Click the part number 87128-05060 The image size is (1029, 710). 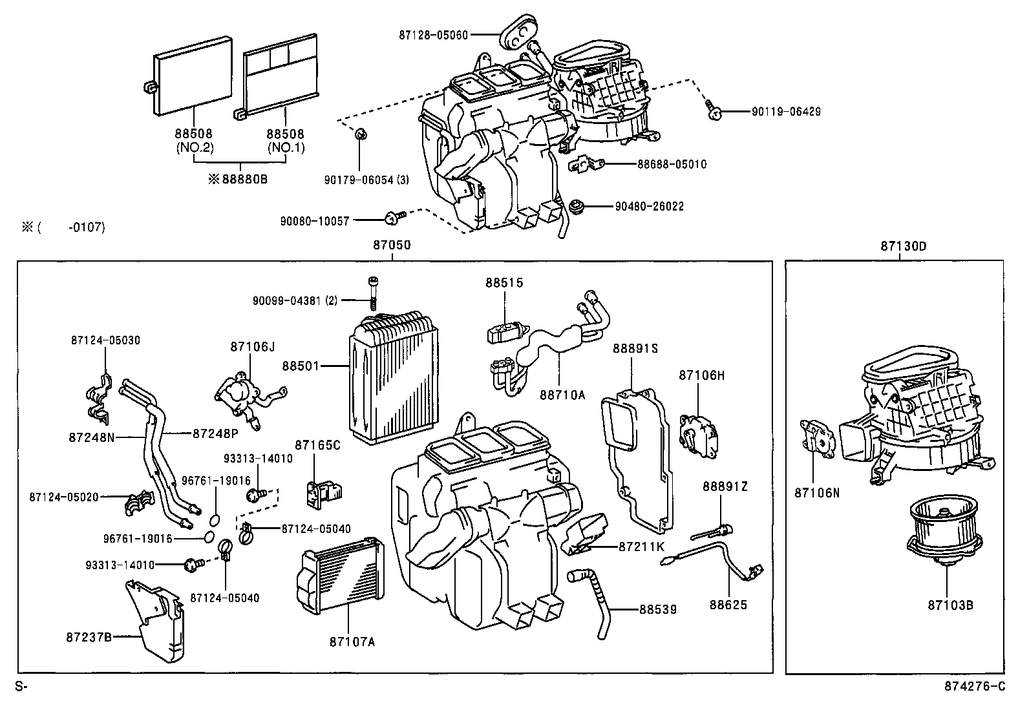433,35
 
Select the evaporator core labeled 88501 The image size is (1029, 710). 381,381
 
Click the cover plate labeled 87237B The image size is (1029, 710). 158,620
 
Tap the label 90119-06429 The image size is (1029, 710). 786,112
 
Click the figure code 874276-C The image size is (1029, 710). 975,687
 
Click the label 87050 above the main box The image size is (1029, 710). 392,246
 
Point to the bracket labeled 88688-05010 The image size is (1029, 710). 586,165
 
